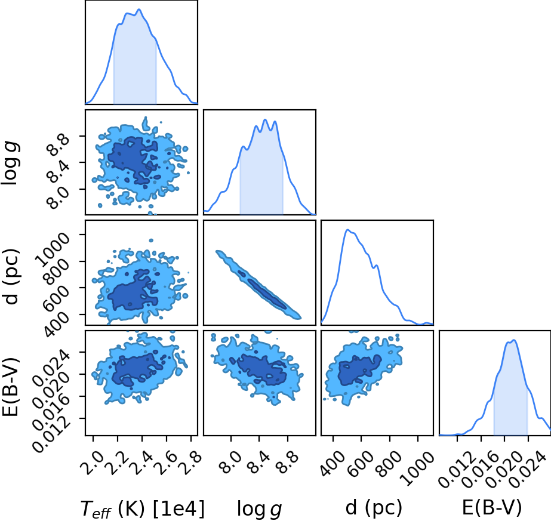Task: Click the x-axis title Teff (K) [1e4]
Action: pyautogui.click(x=142, y=508)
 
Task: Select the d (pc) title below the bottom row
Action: pyautogui.click(x=374, y=507)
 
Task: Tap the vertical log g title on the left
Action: pyautogui.click(x=11, y=162)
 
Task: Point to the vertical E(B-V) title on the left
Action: pyautogui.click(x=11, y=387)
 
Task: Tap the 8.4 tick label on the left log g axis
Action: pyautogui.click(x=58, y=171)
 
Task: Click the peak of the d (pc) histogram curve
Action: pyautogui.click(x=348, y=230)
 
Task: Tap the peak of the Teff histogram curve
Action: pyautogui.click(x=139, y=9)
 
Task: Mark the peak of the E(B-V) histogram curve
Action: pyautogui.click(x=514, y=340)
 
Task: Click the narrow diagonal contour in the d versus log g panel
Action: pyautogui.click(x=259, y=285)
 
